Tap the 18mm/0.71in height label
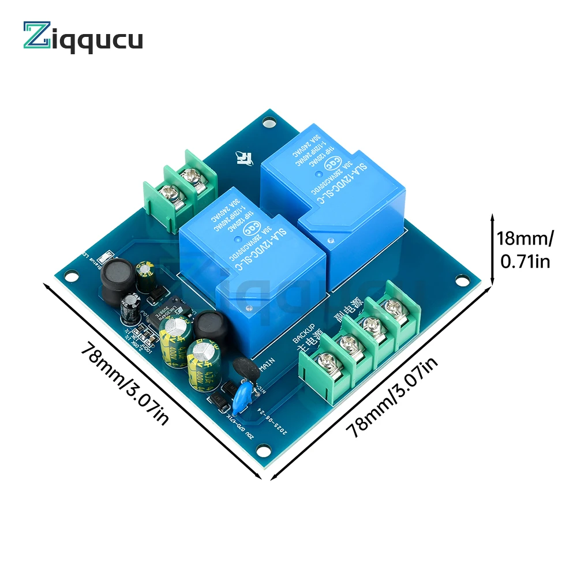point(525,249)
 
